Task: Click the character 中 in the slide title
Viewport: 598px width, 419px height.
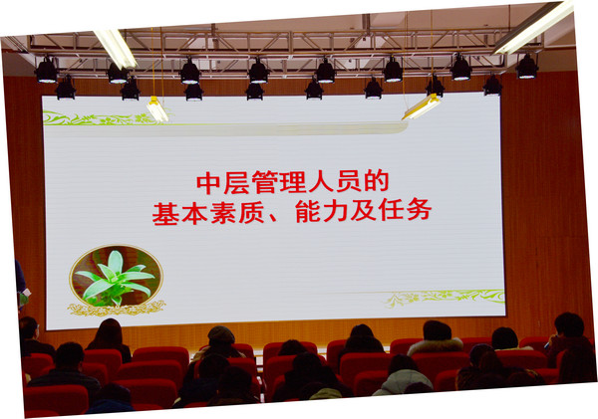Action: point(208,183)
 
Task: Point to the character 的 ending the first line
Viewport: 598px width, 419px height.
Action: point(377,180)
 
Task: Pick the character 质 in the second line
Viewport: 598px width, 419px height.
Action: point(252,212)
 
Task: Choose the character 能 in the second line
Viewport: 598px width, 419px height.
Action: point(308,211)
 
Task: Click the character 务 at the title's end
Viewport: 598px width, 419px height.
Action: point(420,209)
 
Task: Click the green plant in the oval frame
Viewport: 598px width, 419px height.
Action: point(115,277)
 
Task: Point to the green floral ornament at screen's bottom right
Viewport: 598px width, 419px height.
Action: point(446,298)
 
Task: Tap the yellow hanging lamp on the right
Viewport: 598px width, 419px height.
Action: point(422,106)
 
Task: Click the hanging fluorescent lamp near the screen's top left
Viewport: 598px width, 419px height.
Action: point(157,109)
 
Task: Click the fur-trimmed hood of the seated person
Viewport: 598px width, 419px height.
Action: point(436,346)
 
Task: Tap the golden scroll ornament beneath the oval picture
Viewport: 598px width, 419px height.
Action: point(117,309)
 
